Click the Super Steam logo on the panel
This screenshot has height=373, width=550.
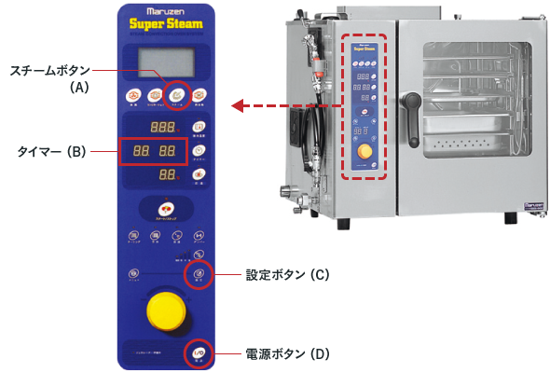166,24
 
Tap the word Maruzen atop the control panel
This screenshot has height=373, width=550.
166,11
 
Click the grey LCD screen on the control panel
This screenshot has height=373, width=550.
166,62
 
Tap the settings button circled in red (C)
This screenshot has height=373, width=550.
198,274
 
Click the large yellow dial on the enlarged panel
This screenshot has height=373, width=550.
164,309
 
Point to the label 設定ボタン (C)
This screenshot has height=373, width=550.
287,276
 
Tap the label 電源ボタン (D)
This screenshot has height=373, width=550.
287,354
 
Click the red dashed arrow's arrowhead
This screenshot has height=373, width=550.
237,105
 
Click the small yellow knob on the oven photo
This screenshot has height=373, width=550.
364,152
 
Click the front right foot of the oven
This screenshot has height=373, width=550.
510,218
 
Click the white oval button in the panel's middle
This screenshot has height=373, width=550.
165,208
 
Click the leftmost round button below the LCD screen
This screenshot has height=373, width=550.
133,93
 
